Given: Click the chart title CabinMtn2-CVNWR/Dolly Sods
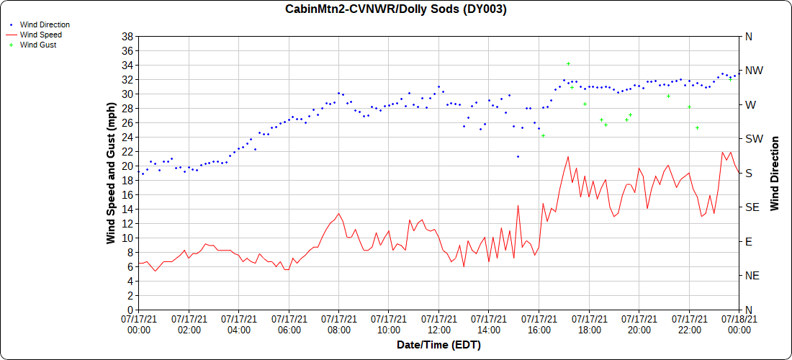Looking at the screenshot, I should click(x=396, y=9).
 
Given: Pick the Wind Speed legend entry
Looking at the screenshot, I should click(x=40, y=35).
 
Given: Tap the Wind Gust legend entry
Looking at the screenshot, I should click(x=38, y=45).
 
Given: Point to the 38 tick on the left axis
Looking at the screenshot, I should click(x=127, y=36).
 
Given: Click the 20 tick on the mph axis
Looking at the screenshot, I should click(x=127, y=166).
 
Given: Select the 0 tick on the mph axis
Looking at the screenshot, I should click(x=130, y=310).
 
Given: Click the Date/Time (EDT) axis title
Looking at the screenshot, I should click(x=438, y=346).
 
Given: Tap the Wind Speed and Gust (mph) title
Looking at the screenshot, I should click(x=111, y=173).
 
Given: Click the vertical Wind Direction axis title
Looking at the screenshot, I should click(x=775, y=173).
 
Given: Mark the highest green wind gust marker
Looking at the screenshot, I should click(x=568, y=64).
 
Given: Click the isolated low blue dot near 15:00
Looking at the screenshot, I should click(x=518, y=156).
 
